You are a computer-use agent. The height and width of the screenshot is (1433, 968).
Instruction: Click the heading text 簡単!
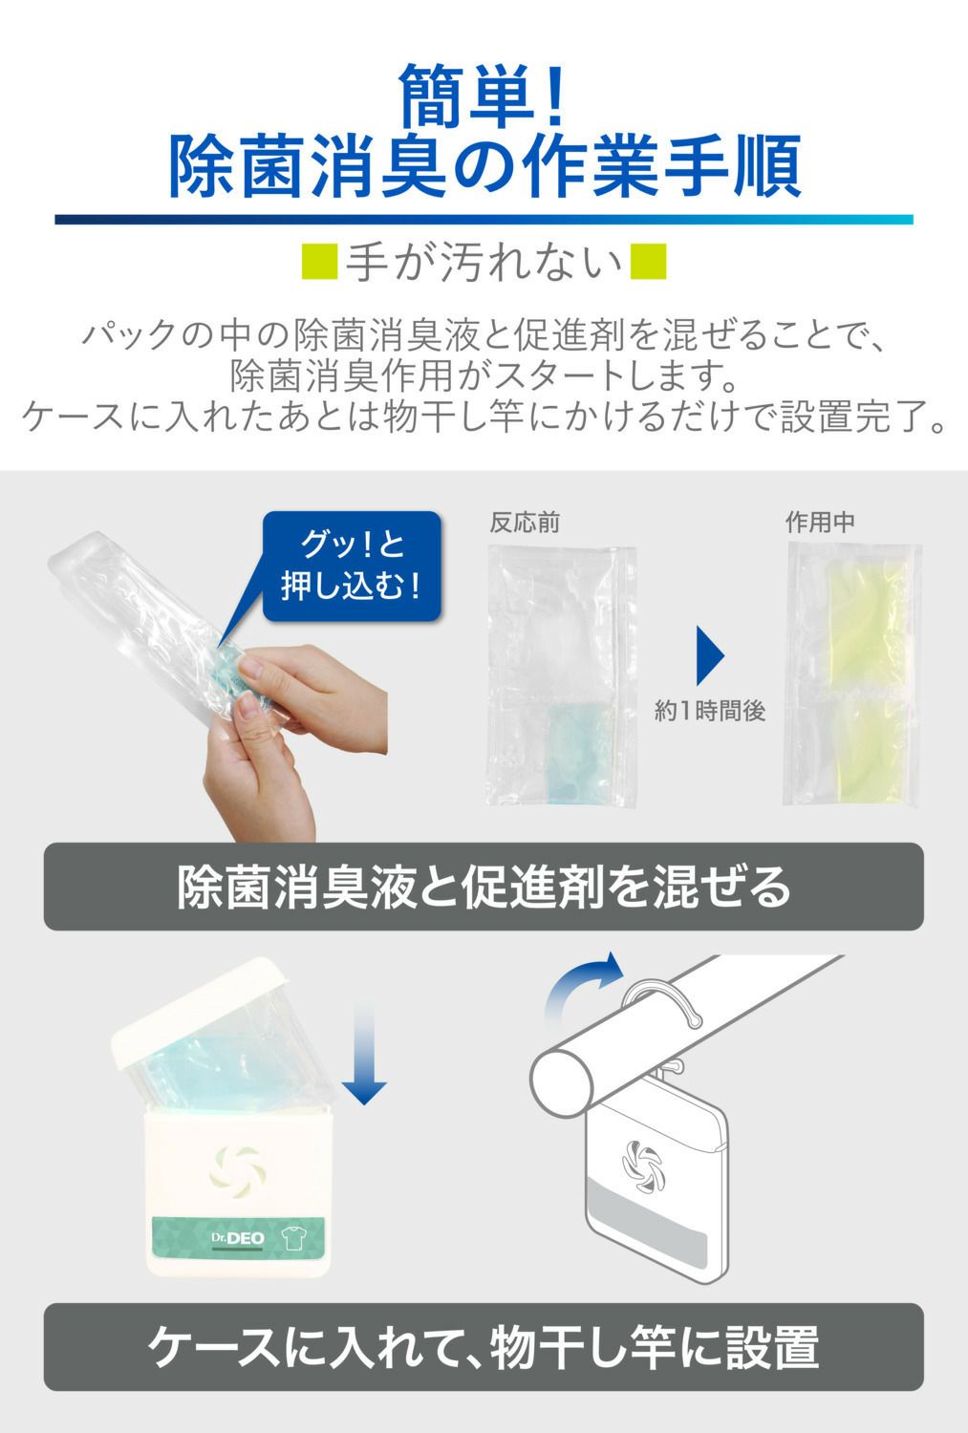(482, 96)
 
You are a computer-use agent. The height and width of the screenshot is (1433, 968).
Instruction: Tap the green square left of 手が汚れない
(319, 261)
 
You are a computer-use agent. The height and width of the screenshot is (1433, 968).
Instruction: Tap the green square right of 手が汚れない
(648, 261)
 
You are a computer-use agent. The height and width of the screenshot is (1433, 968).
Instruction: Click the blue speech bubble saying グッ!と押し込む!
(352, 567)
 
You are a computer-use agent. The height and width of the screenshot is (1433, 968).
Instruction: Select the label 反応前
(525, 523)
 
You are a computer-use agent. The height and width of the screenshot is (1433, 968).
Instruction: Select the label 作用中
(820, 522)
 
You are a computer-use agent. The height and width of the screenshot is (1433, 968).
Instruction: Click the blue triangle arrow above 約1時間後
(710, 655)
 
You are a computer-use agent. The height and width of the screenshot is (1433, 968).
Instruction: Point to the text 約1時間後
(710, 711)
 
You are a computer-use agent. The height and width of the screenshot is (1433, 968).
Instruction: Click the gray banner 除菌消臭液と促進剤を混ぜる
(484, 887)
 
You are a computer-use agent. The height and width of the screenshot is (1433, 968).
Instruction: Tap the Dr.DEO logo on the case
(237, 1238)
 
